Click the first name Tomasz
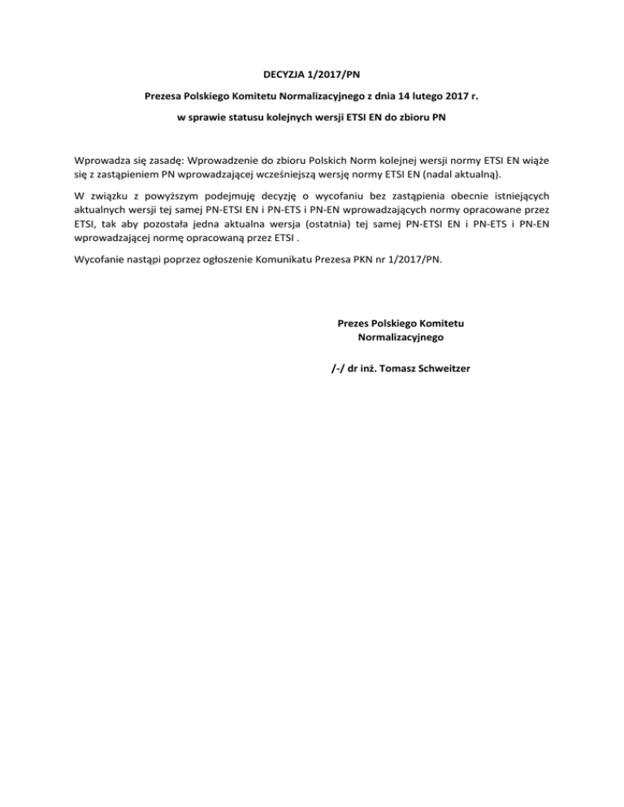(x=404, y=368)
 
